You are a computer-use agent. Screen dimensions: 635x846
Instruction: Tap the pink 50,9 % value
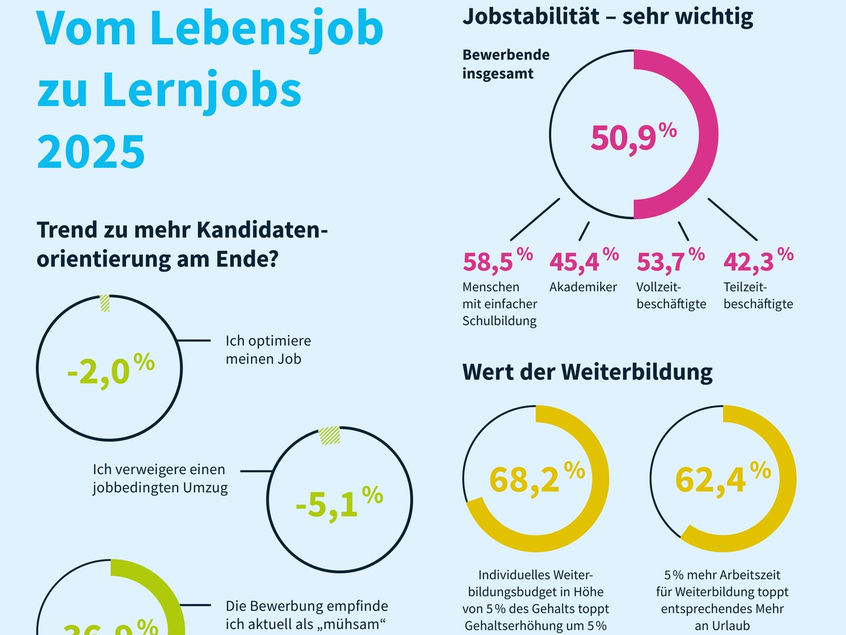[633, 138]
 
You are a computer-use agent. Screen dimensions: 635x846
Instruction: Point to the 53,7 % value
[670, 261]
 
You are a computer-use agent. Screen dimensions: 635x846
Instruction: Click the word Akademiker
[583, 287]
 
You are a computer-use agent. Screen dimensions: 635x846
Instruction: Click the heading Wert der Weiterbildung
[587, 372]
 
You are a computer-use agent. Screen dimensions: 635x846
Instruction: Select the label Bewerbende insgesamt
[505, 64]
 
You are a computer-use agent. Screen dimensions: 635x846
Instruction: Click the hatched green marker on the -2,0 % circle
[105, 303]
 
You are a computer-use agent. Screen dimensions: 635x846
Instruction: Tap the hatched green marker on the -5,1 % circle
[329, 435]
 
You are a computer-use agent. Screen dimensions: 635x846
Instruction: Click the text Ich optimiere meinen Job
[268, 349]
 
